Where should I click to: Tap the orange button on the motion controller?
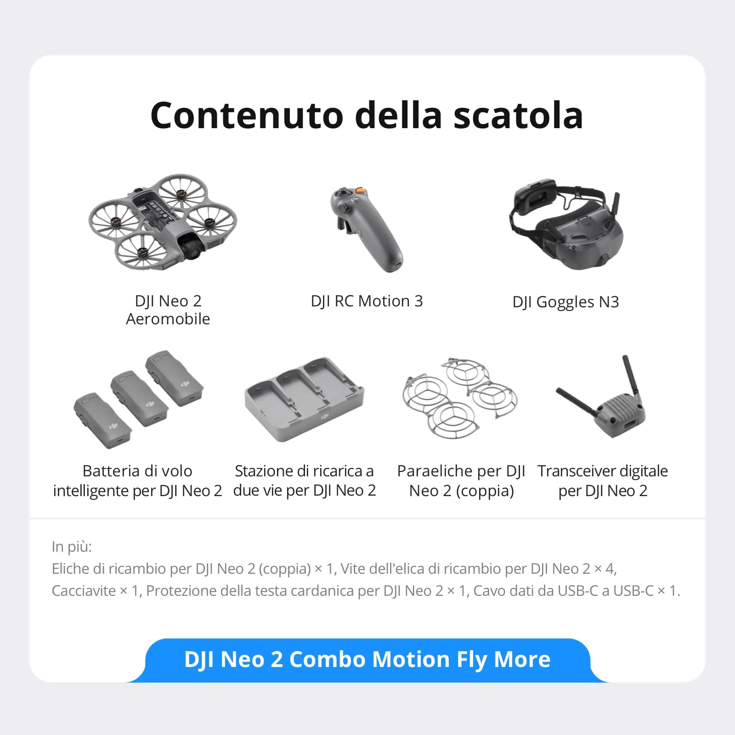coord(361,190)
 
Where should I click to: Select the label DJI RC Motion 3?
coord(367,301)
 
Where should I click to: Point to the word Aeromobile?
coord(168,319)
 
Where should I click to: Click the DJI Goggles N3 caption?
coord(565,302)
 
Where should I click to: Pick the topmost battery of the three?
coord(175,379)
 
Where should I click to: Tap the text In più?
coord(72,547)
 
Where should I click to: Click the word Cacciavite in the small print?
coord(84,591)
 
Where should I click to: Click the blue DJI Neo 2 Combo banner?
coord(367,660)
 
